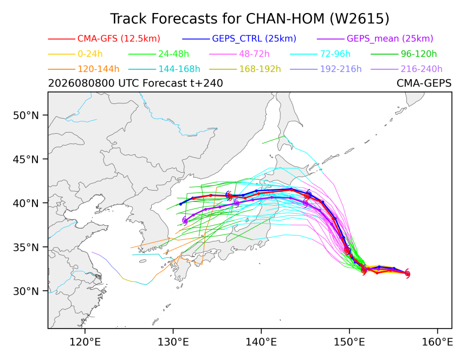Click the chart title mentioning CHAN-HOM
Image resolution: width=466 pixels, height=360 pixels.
tap(250, 19)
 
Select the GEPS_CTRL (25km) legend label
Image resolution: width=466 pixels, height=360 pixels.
tap(254, 38)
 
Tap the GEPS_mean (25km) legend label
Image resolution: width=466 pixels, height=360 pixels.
tap(390, 38)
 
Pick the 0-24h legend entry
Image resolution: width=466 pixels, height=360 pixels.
tap(90, 54)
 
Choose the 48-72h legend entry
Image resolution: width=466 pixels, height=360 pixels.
tap(254, 54)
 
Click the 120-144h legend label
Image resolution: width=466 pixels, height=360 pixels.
tap(99, 69)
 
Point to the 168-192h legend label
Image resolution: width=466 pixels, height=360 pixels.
tap(260, 69)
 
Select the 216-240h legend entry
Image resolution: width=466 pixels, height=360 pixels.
tap(422, 69)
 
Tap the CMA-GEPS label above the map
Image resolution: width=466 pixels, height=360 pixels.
tap(424, 83)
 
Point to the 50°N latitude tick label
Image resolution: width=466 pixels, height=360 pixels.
tap(26, 115)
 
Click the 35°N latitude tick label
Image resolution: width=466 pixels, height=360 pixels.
tap(26, 247)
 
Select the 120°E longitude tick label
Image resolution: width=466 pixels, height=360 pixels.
tap(85, 342)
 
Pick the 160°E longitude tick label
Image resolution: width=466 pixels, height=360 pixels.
tap(437, 342)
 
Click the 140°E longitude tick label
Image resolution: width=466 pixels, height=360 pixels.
tap(261, 342)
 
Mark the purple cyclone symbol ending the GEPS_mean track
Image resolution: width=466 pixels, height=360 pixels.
tap(185, 221)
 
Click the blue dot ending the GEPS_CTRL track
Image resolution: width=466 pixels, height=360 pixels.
tap(180, 204)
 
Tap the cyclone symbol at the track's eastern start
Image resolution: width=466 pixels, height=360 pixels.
tap(407, 273)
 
